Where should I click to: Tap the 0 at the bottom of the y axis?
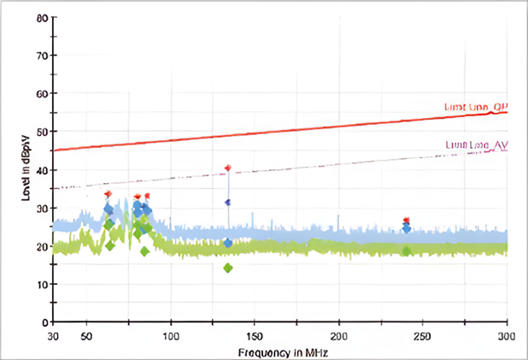[x=44, y=322]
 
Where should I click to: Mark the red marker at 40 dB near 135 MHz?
[x=228, y=168]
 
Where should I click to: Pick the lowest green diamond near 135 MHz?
[x=228, y=268]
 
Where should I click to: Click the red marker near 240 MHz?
[x=407, y=220]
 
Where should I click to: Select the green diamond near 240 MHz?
[x=407, y=251]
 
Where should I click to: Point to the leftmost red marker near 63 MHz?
[x=108, y=194]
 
